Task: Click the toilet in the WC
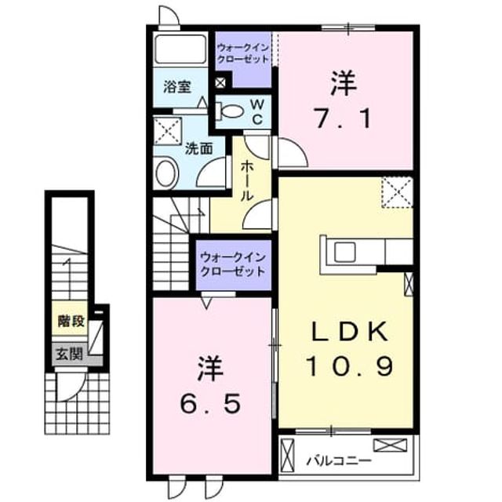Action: pyautogui.click(x=229, y=111)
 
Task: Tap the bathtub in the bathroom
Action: pyautogui.click(x=180, y=49)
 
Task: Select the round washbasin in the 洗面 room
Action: pyautogui.click(x=166, y=173)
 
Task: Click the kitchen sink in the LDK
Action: pyautogui.click(x=345, y=252)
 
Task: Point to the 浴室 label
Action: pyautogui.click(x=177, y=87)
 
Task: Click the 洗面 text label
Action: pyautogui.click(x=198, y=148)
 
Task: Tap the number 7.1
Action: pyautogui.click(x=344, y=118)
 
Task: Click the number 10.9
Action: pyautogui.click(x=350, y=366)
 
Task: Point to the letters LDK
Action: pyautogui.click(x=350, y=331)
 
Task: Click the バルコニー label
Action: pyautogui.click(x=339, y=461)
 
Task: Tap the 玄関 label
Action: pyautogui.click(x=70, y=354)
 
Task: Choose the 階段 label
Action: pyautogui.click(x=71, y=321)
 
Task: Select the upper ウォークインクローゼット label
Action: pyautogui.click(x=243, y=53)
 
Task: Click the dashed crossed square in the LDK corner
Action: pyautogui.click(x=398, y=192)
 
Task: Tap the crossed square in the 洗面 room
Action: pyautogui.click(x=168, y=131)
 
